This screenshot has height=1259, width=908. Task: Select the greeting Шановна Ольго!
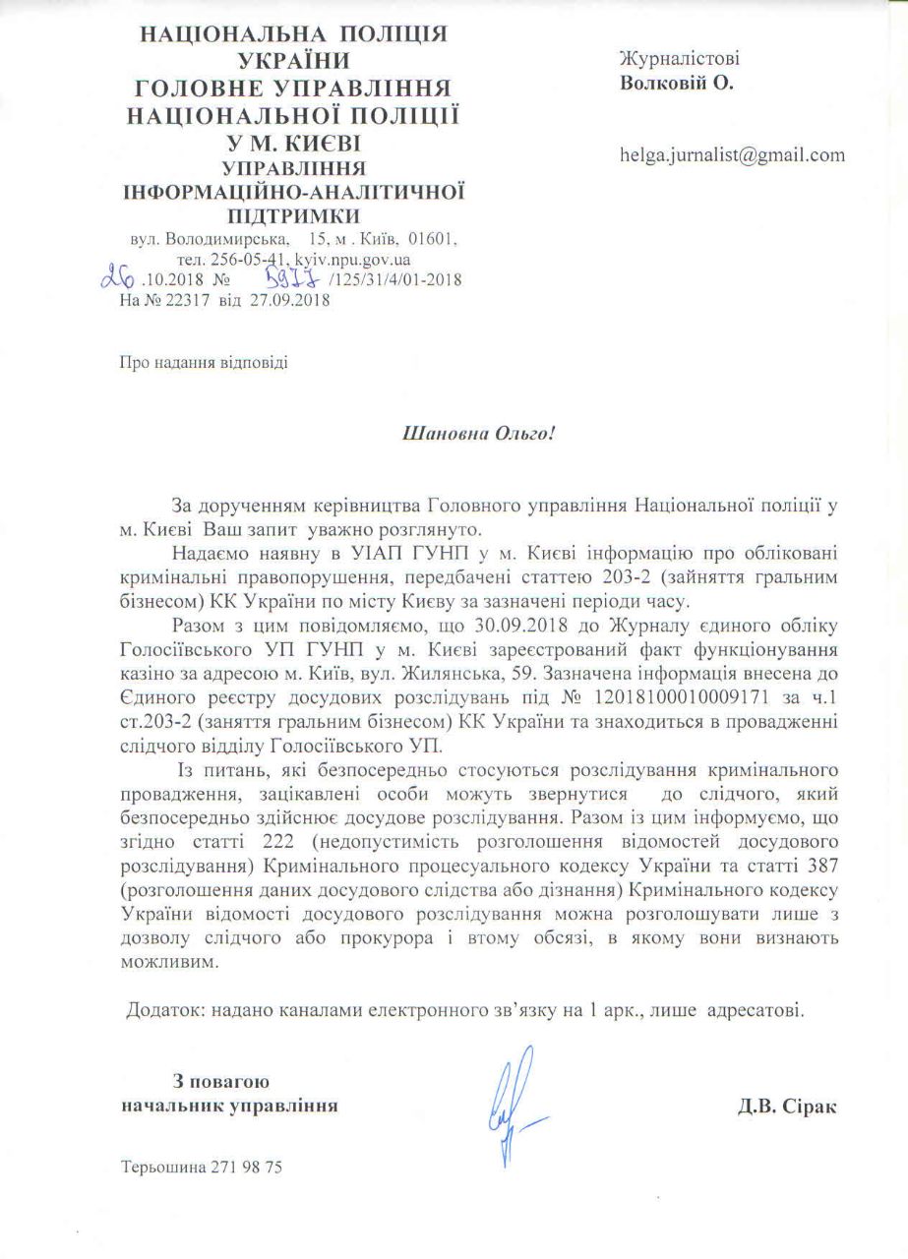click(x=481, y=432)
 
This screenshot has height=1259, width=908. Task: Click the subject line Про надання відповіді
click(x=204, y=363)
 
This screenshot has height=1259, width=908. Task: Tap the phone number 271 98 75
click(x=247, y=1168)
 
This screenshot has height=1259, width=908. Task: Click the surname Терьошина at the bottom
click(x=163, y=1168)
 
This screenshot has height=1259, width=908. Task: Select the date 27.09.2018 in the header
click(x=292, y=301)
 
